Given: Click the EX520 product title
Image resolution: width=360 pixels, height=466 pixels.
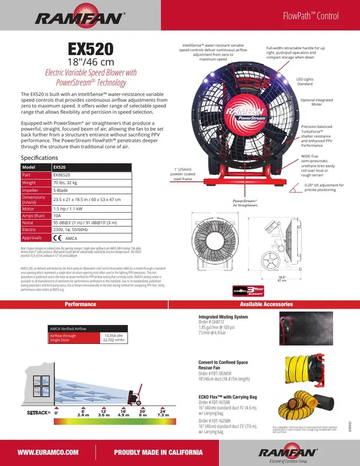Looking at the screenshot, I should click(x=90, y=48).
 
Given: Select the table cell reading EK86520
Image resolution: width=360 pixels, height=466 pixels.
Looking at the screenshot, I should click(x=62, y=174).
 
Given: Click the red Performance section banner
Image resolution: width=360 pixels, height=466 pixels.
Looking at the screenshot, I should click(x=80, y=304).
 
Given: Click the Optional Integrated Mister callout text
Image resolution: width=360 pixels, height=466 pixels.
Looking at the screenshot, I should click(x=316, y=102).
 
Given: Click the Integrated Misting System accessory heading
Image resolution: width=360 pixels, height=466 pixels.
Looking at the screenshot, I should click(x=223, y=317).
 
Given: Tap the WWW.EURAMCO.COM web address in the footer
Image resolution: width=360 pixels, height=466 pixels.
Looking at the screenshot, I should click(x=48, y=452).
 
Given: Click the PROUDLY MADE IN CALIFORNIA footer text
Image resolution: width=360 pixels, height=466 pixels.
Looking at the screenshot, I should click(x=158, y=452).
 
